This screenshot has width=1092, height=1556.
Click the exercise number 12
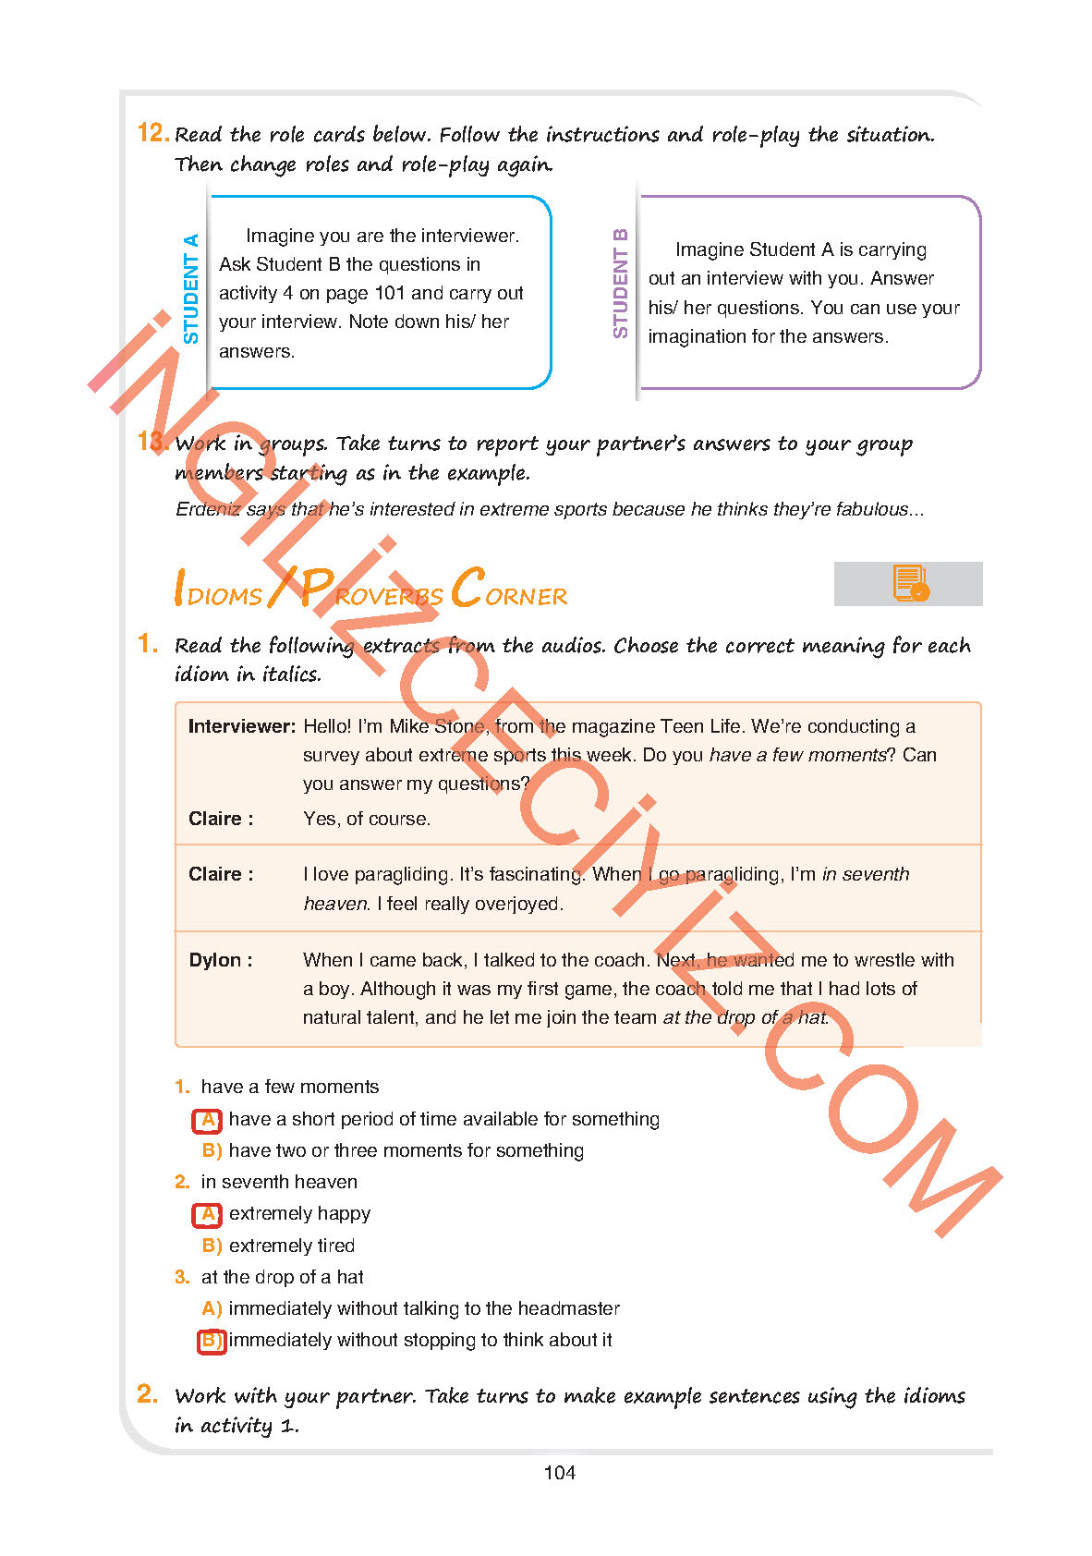152,133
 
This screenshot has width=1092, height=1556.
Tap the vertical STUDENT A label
191,288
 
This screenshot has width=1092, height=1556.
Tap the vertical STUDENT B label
620,284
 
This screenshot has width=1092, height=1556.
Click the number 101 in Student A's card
390,293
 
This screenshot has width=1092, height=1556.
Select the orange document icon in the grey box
910,584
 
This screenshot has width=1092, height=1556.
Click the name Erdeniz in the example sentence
208,509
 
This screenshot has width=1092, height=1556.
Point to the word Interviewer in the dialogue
241,726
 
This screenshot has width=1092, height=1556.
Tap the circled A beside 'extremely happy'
208,1213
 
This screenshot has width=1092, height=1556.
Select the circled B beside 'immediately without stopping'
212,1340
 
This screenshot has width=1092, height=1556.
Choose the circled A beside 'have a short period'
208,1119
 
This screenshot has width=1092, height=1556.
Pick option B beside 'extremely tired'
212,1246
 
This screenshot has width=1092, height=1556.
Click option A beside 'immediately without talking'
212,1308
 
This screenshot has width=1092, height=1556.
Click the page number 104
560,1473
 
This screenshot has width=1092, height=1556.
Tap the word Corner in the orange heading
509,590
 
